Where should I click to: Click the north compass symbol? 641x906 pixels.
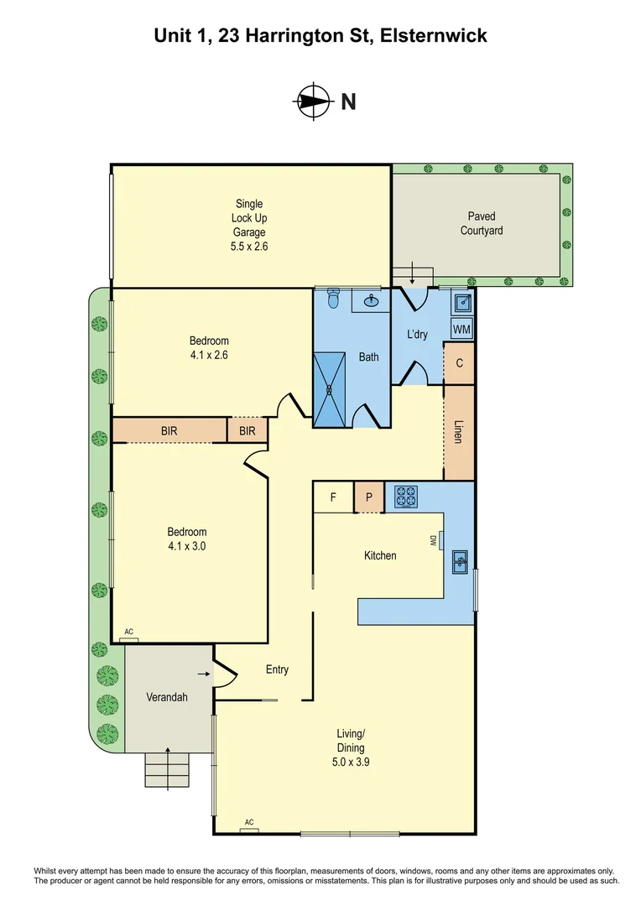point(314,102)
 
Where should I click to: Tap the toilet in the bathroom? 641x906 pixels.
point(334,297)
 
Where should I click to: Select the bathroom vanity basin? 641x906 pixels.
point(371,300)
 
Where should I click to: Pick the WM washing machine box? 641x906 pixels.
point(461,330)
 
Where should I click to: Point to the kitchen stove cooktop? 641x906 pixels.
point(406,497)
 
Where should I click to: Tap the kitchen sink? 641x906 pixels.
point(460,561)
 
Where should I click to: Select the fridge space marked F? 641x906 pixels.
point(333,497)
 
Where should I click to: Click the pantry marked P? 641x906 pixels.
point(369,497)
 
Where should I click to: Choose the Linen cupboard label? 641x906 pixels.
point(458,432)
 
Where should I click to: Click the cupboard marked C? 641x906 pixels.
point(459,363)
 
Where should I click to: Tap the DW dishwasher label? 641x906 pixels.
point(432,541)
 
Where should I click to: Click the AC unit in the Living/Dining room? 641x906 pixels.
point(249,829)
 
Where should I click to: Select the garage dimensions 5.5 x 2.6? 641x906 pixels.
point(249,246)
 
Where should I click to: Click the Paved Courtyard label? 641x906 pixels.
point(482,223)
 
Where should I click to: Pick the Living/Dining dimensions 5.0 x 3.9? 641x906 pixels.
point(350,762)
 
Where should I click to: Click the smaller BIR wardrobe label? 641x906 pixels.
point(248,431)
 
